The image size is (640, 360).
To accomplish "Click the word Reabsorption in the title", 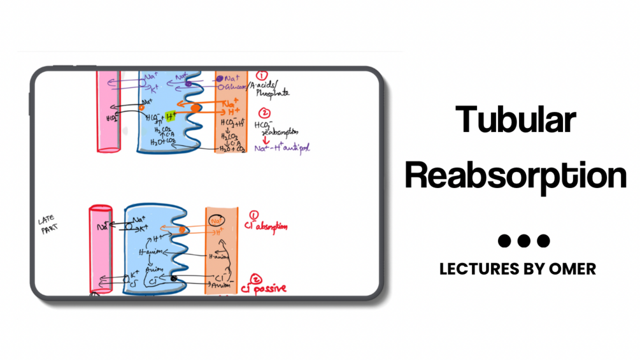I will [x=516, y=174].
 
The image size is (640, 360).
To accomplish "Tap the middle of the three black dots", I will [x=523, y=241].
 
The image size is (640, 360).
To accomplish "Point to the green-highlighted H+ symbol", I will [x=171, y=116].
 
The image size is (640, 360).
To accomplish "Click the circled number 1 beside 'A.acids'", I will [x=260, y=76].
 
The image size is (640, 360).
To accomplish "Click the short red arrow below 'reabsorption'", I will [x=262, y=140].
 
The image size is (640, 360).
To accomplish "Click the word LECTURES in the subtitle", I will [x=474, y=269].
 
